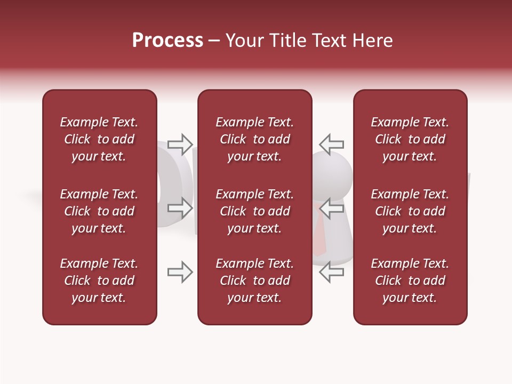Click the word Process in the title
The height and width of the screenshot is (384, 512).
tap(167, 41)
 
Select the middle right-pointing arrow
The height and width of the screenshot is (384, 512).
tap(180, 208)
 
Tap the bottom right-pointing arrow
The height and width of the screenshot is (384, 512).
tap(180, 272)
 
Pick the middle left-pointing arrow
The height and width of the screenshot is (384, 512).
tap(331, 208)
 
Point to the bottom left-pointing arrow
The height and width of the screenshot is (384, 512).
tap(331, 272)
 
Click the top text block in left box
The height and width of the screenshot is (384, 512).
tap(99, 139)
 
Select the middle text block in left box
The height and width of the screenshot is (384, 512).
tap(99, 211)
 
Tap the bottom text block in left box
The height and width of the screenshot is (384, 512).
tap(99, 281)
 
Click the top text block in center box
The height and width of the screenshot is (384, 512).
tap(254, 139)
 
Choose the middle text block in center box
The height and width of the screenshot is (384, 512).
tap(254, 211)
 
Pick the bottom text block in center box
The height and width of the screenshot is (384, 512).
tap(254, 281)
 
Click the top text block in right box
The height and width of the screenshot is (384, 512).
tap(410, 139)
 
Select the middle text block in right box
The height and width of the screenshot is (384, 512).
tap(410, 211)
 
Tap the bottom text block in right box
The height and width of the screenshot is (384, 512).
tap(410, 281)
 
